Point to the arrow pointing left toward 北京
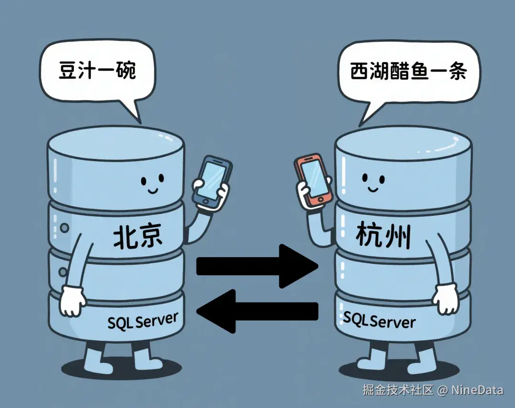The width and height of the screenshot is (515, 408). (x=257, y=311)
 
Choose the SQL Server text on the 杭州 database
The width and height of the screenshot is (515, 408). (x=379, y=320)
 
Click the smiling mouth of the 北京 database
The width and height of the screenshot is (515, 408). (x=153, y=190)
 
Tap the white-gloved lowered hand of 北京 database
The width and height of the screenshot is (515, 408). (x=72, y=301)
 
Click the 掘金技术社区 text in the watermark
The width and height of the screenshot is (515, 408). (x=398, y=390)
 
